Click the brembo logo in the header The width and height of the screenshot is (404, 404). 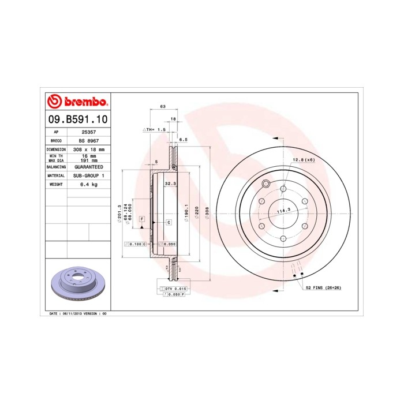coord(77,102)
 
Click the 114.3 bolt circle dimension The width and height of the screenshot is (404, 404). coord(283,211)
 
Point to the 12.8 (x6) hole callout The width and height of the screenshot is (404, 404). coord(303,159)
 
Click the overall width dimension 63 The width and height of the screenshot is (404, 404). coord(163,107)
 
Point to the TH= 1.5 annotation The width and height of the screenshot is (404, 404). coord(155,130)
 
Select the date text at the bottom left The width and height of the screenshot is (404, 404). coord(76,313)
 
